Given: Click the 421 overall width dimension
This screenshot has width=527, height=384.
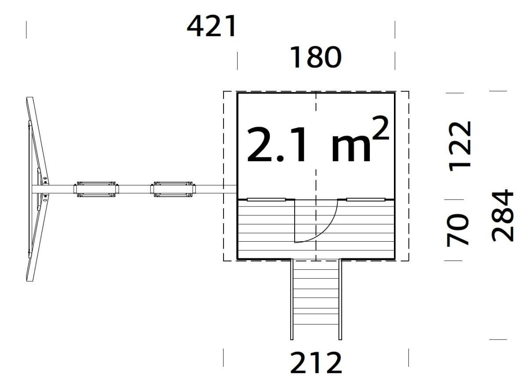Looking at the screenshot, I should [212, 26].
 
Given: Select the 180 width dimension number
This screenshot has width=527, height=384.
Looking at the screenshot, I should [315, 58].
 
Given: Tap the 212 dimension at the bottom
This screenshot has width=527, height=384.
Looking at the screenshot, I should [315, 362].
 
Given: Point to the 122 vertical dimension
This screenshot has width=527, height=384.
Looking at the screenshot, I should [460, 145].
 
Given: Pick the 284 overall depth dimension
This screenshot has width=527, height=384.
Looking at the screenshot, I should [502, 215].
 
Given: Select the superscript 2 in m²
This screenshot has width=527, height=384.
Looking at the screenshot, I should [380, 128].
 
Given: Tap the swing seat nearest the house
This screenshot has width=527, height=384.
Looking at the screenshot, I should [173, 189].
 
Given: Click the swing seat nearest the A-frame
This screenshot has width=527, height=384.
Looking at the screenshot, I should [97, 189].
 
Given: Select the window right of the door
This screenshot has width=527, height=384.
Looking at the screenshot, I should [365, 199].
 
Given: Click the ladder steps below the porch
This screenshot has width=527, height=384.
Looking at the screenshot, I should [316, 299].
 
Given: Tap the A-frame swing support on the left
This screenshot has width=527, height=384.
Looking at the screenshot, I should [37, 189].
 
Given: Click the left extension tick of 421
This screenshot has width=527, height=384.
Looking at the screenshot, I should [26, 29].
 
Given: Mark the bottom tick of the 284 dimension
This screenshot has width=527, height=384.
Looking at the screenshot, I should [498, 339].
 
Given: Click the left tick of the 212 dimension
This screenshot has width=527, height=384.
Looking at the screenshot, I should [224, 358].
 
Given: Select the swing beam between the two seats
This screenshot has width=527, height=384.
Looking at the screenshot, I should [135, 189].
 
